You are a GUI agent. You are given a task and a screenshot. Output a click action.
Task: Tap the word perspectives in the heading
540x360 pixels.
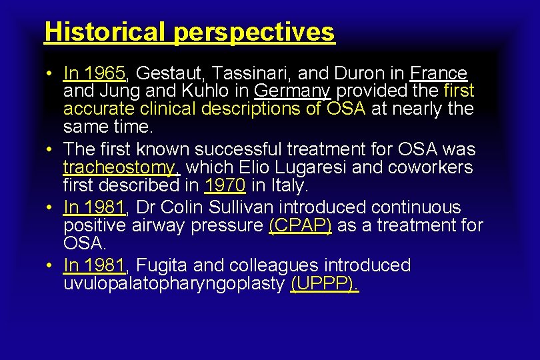click(254, 31)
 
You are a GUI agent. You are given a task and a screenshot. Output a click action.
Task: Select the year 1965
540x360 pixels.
click(107, 73)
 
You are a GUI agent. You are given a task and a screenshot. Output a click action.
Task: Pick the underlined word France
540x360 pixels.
click(439, 73)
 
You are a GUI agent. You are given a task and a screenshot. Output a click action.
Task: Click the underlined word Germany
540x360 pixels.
click(293, 91)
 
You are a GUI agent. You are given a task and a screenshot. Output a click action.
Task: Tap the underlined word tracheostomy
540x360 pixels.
click(121, 167)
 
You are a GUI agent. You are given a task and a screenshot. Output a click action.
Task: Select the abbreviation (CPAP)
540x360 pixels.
click(300, 226)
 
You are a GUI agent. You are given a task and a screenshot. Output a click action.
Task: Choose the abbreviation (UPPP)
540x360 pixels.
click(325, 284)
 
